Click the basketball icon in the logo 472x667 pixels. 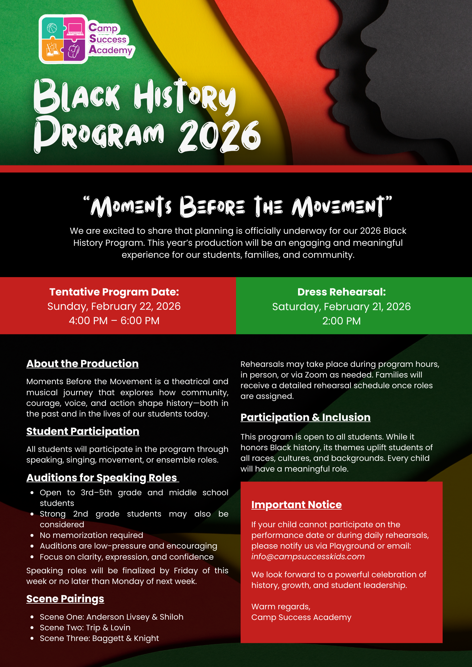52,28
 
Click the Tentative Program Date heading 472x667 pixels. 114,292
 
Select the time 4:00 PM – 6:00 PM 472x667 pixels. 114,321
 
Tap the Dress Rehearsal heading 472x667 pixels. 341,292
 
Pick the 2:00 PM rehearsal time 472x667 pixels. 341,321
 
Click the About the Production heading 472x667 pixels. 82,364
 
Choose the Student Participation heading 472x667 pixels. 83,431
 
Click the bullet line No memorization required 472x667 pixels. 91,535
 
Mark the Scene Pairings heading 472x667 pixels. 65,599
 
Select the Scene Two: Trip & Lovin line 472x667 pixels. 85,628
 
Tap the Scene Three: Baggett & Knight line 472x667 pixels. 99,638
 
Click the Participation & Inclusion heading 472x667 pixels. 305,417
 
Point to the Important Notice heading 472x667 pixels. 296,505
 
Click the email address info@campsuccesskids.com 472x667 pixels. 308,557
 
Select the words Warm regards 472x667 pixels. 281,607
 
